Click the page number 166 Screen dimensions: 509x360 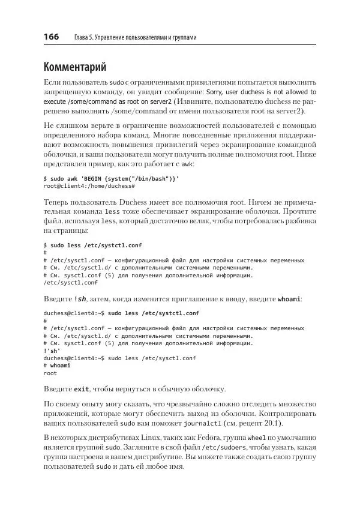point(51,37)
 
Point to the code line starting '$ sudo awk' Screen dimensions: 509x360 point(111,179)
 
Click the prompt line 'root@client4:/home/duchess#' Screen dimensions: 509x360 point(89,186)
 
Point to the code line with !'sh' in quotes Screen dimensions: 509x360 point(52,351)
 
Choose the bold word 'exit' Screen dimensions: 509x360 point(82,388)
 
